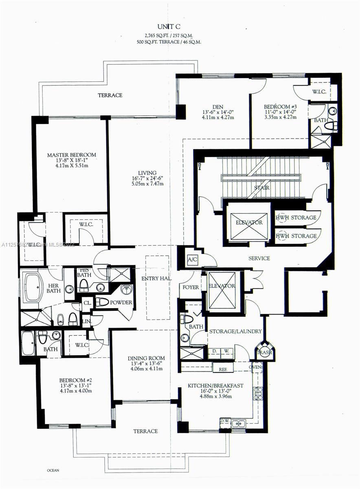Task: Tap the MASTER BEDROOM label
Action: [x=72, y=155]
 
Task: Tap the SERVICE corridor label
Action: [x=259, y=258]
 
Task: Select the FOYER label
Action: [x=191, y=287]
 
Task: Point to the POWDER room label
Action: [x=121, y=302]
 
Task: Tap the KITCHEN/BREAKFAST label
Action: [x=215, y=385]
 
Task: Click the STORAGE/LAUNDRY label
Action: [x=235, y=331]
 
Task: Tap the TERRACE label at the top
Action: [x=110, y=95]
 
